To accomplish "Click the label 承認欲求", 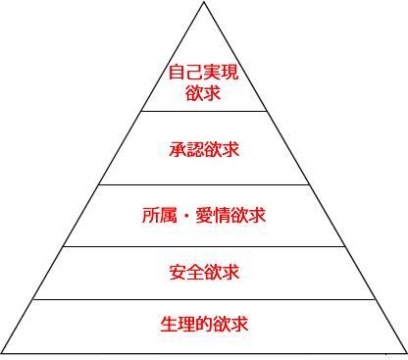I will click(204, 150).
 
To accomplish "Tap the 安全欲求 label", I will click(204, 271).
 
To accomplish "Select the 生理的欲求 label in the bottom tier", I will click(204, 324).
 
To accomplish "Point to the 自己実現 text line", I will click(204, 73).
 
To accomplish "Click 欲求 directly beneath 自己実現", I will click(204, 93).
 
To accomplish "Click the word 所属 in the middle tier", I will click(161, 213).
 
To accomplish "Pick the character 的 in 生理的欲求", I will click(204, 324).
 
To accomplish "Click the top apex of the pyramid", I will click(204, 3).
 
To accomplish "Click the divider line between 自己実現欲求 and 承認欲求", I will click(204, 111).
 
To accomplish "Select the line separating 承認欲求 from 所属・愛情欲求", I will click(204, 184).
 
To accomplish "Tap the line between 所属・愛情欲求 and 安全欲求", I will click(204, 246).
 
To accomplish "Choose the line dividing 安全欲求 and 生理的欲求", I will click(204, 300).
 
